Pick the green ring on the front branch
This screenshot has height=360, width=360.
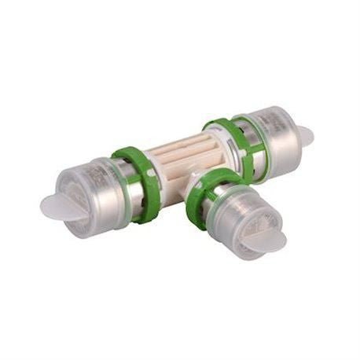[x=206, y=197]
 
